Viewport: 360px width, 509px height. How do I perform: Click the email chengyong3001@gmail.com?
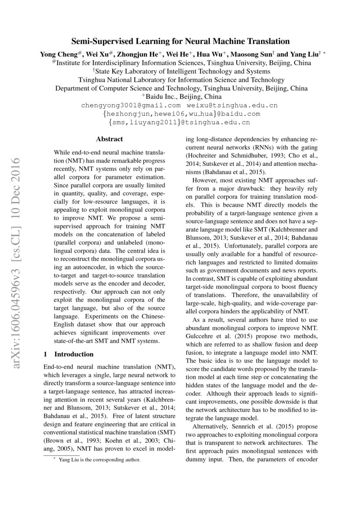click(131, 105)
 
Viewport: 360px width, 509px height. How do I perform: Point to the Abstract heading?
click(109, 139)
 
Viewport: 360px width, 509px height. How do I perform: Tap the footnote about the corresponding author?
click(94, 460)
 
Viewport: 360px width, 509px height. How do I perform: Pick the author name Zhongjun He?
click(138, 55)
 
